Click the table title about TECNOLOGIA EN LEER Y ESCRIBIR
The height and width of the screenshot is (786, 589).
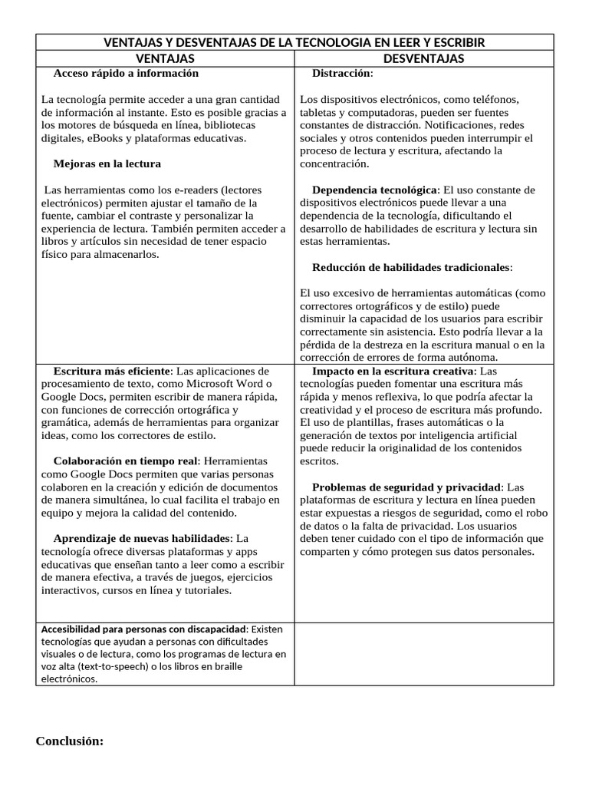point(294,41)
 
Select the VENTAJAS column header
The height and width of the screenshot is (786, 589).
point(165,58)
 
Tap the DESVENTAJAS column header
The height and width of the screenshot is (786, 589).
point(423,58)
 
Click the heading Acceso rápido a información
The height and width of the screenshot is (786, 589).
point(126,74)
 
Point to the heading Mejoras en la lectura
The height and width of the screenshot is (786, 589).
point(107,163)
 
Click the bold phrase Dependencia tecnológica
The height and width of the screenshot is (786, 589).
point(375,190)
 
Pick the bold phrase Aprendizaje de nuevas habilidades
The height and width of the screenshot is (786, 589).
point(142,538)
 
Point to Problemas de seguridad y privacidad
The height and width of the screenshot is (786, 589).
point(406,487)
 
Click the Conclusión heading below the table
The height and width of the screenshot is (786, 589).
point(69,741)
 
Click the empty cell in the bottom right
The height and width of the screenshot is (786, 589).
point(423,653)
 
